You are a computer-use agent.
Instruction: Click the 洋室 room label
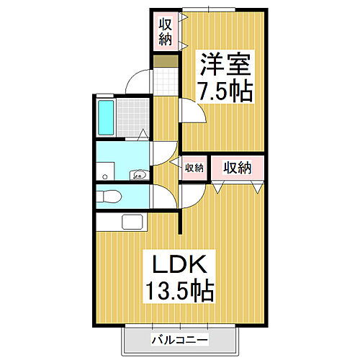point(224,68)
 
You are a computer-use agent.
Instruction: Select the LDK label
point(178,264)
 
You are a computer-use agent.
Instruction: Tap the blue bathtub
point(105,118)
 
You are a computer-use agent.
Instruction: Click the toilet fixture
point(112,196)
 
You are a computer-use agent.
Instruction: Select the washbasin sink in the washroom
point(139,174)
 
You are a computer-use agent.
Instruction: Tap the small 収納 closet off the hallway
point(193,167)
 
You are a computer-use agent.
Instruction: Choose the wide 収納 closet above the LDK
point(236,167)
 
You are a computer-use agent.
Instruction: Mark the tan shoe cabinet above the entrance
point(165,58)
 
